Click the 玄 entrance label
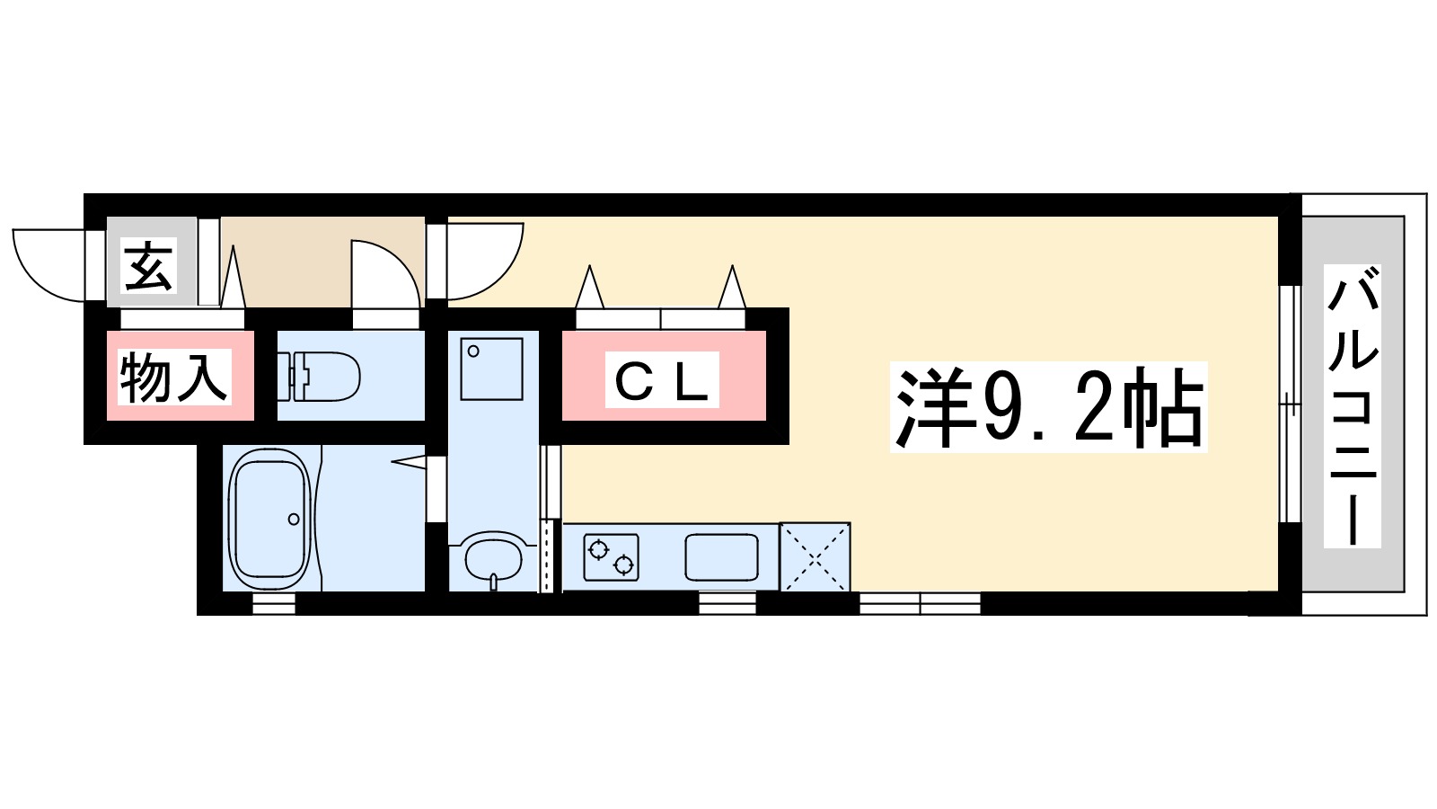[x=148, y=265]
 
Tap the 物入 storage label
[x=174, y=377]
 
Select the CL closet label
[x=662, y=379]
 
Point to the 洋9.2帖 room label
[x=1048, y=407]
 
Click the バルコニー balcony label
[x=1353, y=405]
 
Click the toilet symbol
[x=319, y=377]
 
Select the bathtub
[x=270, y=519]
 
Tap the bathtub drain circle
[x=294, y=519]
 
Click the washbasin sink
[x=493, y=558]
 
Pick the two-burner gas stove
[x=611, y=556]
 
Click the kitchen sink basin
[x=722, y=557]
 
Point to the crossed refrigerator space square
[x=815, y=556]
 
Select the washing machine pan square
[x=491, y=369]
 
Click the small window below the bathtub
[x=274, y=603]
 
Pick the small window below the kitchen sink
[x=727, y=603]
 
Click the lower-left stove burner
[x=599, y=550]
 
